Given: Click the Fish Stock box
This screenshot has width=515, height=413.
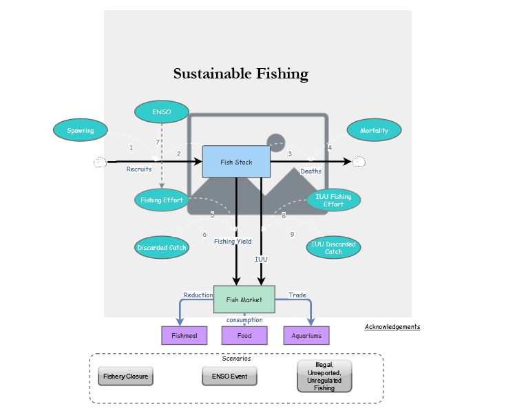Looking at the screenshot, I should click(235, 162).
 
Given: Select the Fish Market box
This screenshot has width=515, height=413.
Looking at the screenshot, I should click(244, 299).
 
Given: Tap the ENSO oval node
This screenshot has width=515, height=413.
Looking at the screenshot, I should click(161, 112).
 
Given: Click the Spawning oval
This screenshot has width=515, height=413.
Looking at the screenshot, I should click(81, 130).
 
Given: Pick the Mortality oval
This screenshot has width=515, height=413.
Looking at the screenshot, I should click(374, 130).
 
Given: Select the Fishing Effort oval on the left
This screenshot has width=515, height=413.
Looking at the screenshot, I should click(162, 200).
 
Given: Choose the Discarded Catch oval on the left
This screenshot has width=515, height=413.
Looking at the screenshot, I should click(162, 247).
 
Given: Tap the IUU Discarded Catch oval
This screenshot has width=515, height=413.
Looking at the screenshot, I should click(333, 247).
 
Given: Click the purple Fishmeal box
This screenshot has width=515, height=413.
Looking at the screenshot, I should click(184, 336).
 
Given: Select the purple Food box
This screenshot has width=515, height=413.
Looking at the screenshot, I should click(244, 336).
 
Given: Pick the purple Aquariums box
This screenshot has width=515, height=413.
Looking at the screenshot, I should click(306, 336).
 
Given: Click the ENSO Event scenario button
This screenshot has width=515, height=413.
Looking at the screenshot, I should click(229, 377).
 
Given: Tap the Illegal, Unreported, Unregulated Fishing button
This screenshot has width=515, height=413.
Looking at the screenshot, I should click(324, 376).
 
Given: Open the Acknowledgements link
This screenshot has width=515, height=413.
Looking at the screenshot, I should click(392, 327).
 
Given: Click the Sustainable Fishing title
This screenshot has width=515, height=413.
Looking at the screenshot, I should click(240, 74).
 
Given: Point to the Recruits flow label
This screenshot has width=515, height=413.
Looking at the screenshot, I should click(139, 169).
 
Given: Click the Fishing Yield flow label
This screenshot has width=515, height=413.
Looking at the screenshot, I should click(232, 242).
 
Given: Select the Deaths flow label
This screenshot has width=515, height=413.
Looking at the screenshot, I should click(311, 171).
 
